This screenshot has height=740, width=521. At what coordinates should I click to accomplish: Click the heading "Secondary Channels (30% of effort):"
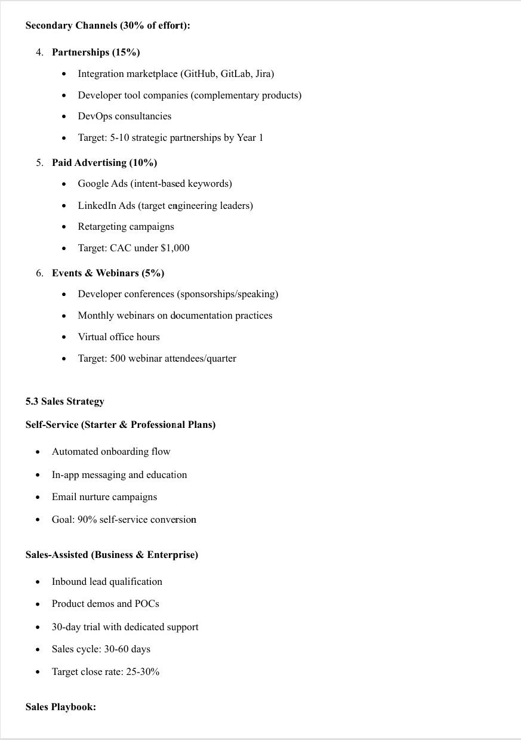pos(107,26)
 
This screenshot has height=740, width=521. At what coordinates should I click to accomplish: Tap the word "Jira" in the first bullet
pos(263,74)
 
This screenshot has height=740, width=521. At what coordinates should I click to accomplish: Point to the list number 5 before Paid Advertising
pos(39,162)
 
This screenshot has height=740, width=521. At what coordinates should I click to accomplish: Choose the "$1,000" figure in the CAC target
pos(175,248)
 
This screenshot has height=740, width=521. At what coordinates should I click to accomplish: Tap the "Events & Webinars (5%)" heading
pos(108,273)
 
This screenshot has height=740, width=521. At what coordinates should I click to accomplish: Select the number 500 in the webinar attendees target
pos(118,359)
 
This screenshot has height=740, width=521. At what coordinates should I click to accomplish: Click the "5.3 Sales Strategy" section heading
pos(64,402)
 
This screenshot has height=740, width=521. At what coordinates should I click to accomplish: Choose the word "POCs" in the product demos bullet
pos(147,604)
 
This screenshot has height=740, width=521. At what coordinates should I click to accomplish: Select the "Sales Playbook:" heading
pos(61,707)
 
